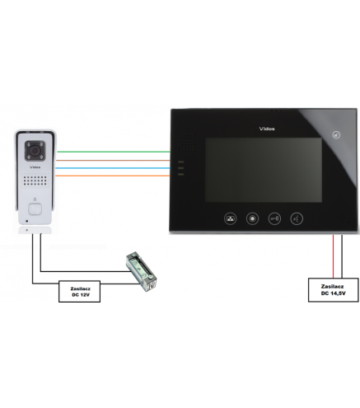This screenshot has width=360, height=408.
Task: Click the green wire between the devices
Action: pos(114,152)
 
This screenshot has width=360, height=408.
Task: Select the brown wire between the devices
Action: pos(113,160)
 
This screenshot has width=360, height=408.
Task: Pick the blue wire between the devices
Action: pos(113,168)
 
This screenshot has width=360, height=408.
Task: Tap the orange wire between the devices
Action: pos(113,176)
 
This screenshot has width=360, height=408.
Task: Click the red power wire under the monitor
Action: pos(334,256)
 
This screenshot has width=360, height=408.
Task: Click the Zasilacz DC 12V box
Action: pos(79,292)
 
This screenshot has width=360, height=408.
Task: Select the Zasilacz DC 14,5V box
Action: pos(333,290)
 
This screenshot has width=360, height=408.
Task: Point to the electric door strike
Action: pos(141,271)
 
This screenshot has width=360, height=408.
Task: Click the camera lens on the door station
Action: pos(35,150)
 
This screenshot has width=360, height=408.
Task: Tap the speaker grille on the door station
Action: pos(35,181)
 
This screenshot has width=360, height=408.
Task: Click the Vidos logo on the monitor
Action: pos(267,129)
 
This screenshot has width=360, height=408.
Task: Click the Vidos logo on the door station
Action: pos(35,167)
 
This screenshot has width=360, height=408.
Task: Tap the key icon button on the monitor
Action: pos(274,218)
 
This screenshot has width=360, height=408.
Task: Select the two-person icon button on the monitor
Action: pos(231,218)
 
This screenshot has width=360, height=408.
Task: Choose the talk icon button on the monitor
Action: pos(297,218)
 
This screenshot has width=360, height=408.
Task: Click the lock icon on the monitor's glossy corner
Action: pos(336,134)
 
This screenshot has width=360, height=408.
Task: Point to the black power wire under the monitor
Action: pos(342,256)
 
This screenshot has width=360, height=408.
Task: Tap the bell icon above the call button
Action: pos(35,199)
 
